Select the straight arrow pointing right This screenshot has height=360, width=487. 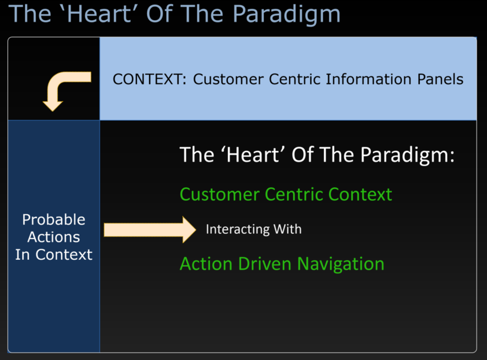150,230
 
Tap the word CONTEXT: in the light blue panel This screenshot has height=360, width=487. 149,79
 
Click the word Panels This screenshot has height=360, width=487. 440,79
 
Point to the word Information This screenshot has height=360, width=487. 369,79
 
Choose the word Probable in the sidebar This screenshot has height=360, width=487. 54,219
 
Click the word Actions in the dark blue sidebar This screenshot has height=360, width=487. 54,237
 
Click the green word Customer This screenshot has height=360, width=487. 220,194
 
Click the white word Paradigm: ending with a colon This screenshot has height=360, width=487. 407,155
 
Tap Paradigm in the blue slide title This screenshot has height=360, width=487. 286,14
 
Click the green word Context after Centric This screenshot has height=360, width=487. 360,194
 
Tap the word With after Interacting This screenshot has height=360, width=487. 287,229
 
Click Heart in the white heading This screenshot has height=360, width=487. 253,155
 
